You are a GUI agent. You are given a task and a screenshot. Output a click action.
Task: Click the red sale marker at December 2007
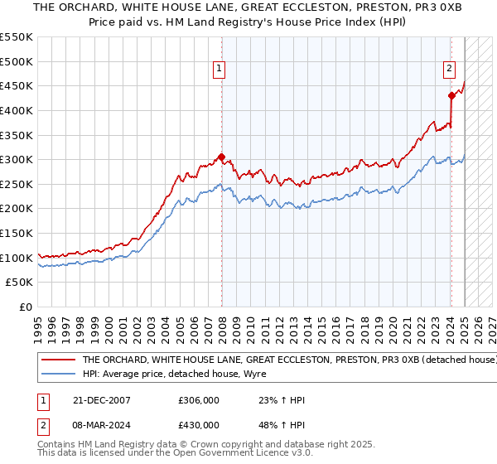[221, 156]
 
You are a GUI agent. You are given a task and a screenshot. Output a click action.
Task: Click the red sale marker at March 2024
[451, 95]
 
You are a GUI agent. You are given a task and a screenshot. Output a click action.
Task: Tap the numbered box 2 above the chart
[449, 70]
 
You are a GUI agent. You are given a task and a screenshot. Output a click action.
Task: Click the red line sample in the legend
[58, 360]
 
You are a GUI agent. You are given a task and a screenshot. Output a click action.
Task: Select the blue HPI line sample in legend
[58, 374]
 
